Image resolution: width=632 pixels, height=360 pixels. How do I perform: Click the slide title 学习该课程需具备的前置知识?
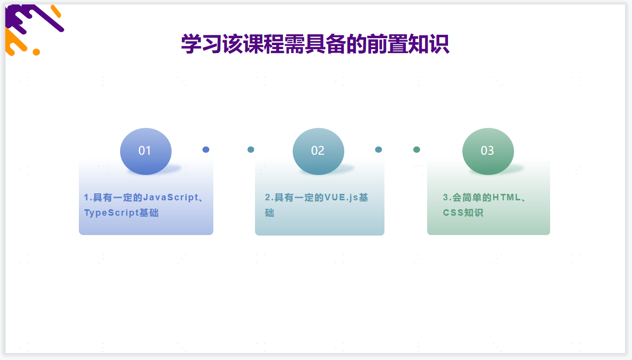315,44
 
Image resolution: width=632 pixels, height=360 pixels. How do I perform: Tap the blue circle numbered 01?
145,151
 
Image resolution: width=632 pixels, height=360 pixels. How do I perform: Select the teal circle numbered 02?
318,151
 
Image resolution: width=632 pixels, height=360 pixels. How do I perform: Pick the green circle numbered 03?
488,151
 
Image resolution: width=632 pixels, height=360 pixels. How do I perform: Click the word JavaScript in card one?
171,197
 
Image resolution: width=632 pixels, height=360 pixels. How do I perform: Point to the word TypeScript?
112,212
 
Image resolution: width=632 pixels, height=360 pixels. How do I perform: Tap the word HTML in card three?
506,197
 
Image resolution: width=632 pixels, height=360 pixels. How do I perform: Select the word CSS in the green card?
453,212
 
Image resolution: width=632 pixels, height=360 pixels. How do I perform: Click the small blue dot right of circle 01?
206,150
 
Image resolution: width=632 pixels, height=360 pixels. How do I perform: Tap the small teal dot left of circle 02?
251,150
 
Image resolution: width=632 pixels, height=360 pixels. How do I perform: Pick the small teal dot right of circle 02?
379,150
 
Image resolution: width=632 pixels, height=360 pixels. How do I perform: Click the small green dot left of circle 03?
416,150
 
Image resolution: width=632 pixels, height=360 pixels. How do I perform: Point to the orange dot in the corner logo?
36,52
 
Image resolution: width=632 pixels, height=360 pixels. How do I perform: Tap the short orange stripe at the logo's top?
56,11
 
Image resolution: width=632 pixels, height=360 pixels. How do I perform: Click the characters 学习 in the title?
201,44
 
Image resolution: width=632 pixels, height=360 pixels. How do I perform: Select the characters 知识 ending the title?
429,44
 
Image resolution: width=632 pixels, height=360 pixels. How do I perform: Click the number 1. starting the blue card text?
88,197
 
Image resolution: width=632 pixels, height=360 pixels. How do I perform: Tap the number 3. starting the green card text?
447,197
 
